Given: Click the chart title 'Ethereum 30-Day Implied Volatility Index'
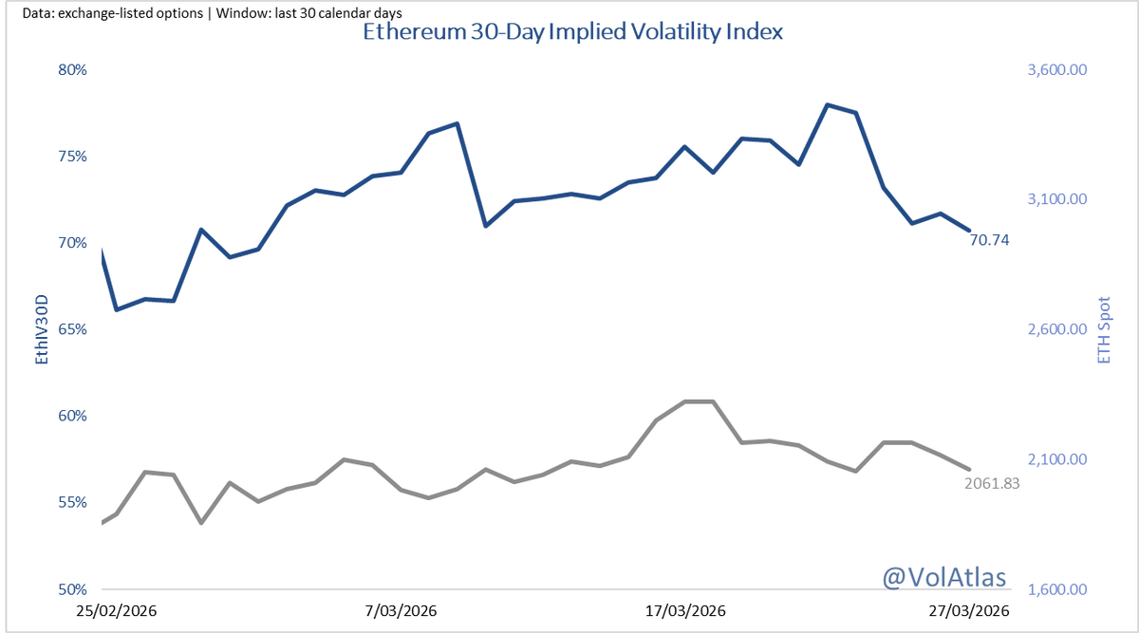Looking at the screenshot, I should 572,32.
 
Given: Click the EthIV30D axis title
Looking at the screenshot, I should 41,329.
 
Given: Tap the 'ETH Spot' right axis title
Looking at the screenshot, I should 1103,329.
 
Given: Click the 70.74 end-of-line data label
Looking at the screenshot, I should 989,240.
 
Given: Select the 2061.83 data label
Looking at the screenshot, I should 991,483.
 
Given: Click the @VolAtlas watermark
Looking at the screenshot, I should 943,576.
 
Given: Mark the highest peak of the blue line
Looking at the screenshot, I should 828,104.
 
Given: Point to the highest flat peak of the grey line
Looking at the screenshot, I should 699,401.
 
